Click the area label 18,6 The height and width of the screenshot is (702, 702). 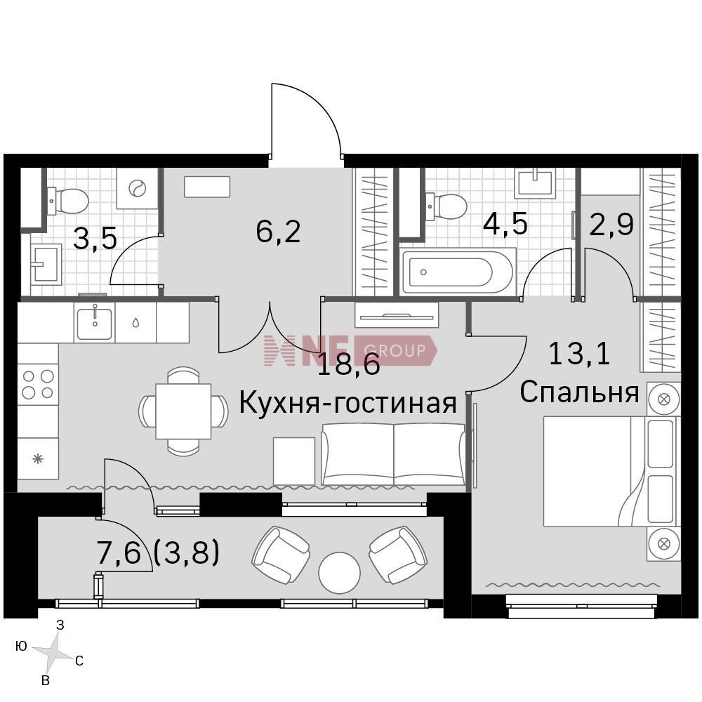tap(349, 364)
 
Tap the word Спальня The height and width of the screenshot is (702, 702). tap(579, 392)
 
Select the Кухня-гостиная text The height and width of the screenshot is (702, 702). tap(348, 402)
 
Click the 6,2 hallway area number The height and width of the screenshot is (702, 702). tap(278, 232)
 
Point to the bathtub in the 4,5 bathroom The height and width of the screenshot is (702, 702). tap(458, 271)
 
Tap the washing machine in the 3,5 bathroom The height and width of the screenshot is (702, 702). tap(137, 188)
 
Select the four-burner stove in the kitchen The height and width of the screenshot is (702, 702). tap(38, 385)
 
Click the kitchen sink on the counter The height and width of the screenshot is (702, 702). tap(95, 322)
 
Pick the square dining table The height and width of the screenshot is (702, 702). tap(183, 411)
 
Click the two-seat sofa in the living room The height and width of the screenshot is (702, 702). tap(394, 453)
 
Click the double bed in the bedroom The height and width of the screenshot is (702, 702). tap(611, 472)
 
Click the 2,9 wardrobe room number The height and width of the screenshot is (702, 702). tap(611, 225)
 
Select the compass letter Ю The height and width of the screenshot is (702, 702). tap(21, 646)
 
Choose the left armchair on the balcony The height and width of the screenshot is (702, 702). tap(282, 555)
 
